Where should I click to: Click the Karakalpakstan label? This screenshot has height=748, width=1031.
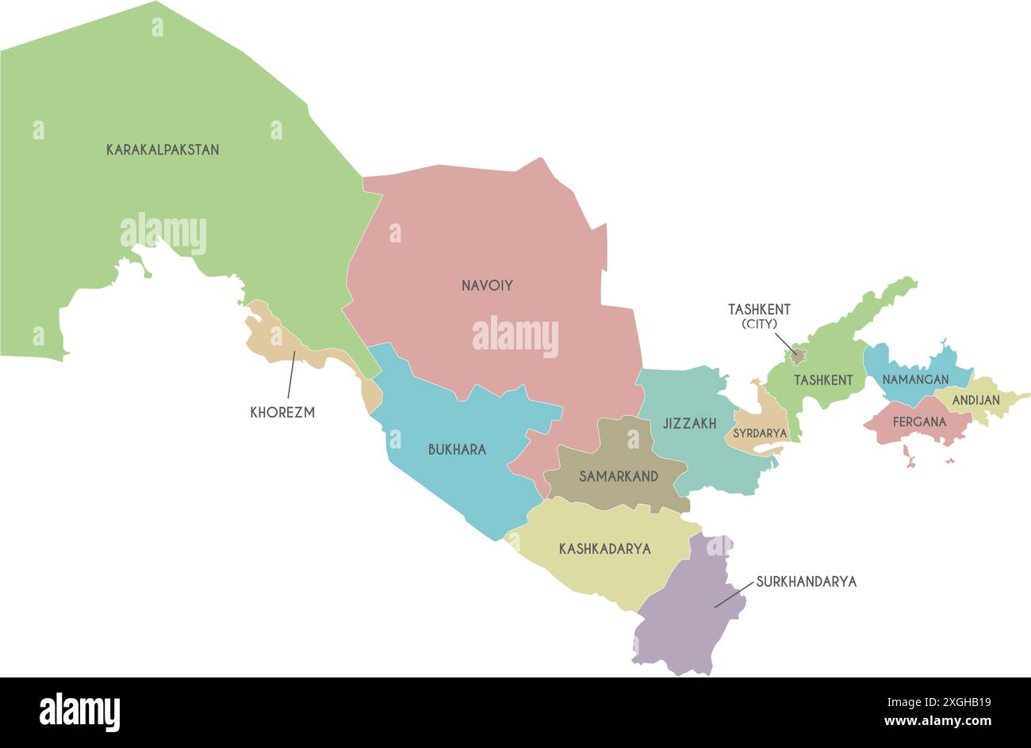click(x=163, y=149)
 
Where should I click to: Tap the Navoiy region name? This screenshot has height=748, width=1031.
click(x=487, y=285)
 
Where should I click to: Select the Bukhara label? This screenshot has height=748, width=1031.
click(x=457, y=449)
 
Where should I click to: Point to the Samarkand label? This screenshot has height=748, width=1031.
click(x=619, y=476)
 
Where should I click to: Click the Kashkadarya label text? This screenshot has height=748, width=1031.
click(x=604, y=548)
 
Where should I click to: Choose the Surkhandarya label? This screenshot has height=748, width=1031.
click(x=806, y=582)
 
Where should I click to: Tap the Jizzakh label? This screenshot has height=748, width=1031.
click(x=689, y=424)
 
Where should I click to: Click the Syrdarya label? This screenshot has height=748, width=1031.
click(x=760, y=433)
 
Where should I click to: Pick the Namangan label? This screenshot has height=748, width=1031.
click(x=915, y=380)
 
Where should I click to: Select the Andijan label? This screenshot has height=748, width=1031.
click(x=975, y=400)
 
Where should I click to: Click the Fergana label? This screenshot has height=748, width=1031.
click(x=919, y=422)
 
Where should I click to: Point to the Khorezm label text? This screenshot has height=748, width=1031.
click(x=282, y=412)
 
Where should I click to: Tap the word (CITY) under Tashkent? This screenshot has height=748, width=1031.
click(x=759, y=324)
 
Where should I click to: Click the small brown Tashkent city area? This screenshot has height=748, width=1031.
click(x=798, y=356)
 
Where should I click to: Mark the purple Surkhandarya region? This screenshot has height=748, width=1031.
click(x=686, y=626)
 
